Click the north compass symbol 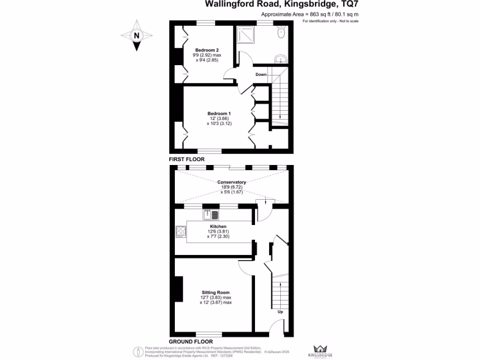137,35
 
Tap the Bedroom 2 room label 207,50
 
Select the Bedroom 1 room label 219,113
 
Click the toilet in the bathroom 281,33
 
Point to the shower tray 246,34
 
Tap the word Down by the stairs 261,75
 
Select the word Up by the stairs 280,312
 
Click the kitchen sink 211,215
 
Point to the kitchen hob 181,231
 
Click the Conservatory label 231,182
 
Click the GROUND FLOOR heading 190,342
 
